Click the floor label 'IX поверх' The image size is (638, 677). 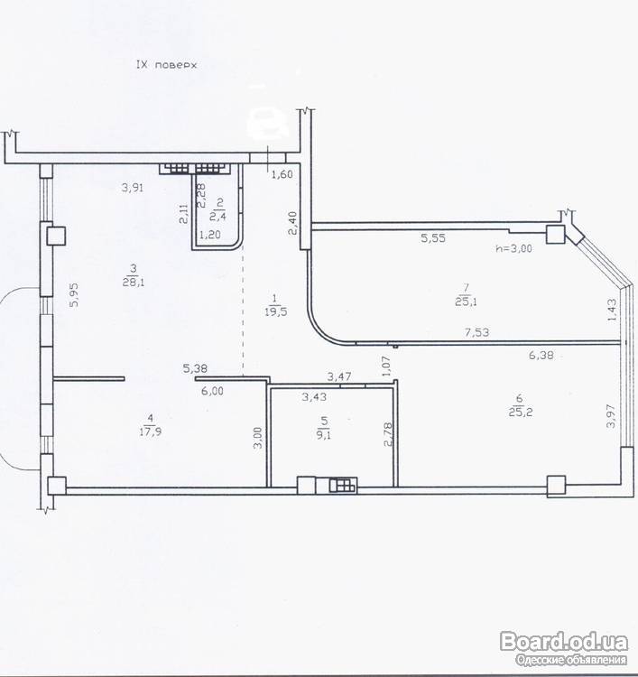click(x=166, y=65)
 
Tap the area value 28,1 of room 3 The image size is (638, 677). click(x=134, y=283)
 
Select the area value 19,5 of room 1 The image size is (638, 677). click(x=275, y=311)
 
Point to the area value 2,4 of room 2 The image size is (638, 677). click(x=217, y=216)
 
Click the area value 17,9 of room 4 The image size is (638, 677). click(x=151, y=431)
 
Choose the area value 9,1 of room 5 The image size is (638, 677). click(x=324, y=434)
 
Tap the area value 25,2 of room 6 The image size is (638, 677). click(x=521, y=412)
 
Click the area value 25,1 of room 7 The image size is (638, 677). click(x=466, y=301)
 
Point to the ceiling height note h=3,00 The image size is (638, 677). click(x=514, y=248)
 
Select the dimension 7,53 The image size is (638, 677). click(x=477, y=332)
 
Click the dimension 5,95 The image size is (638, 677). click(x=74, y=295)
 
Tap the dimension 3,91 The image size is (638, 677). click(x=133, y=188)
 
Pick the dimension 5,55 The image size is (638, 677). click(x=433, y=238)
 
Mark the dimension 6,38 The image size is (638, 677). click(x=541, y=356)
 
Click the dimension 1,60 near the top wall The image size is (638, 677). click(x=282, y=174)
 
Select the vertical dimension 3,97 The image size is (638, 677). click(x=611, y=416)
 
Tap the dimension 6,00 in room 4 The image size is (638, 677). click(x=212, y=391)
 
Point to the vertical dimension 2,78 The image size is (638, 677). click(x=388, y=434)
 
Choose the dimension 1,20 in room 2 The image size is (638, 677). click(x=209, y=235)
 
